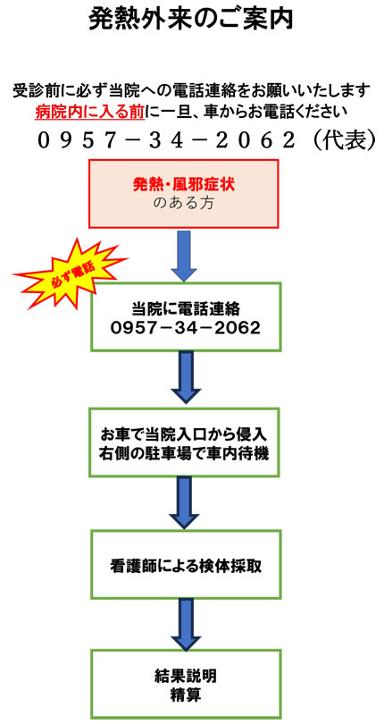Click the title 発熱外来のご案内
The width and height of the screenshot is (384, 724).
pyautogui.click(x=190, y=20)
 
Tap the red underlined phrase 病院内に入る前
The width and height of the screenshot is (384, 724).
pyautogui.click(x=89, y=112)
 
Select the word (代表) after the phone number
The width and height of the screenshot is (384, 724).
pyautogui.click(x=344, y=140)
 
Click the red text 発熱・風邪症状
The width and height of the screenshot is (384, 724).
pyautogui.click(x=184, y=186)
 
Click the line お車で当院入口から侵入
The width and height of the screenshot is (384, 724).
pyautogui.click(x=184, y=435)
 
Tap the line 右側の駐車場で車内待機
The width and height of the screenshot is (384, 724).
pyautogui.click(x=184, y=453)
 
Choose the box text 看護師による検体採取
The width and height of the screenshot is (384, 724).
pyautogui.click(x=186, y=565)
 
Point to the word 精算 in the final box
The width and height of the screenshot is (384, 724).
pyautogui.click(x=186, y=695)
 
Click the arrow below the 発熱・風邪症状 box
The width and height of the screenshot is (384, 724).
pyautogui.click(x=184, y=256)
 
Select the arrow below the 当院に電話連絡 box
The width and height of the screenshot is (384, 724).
pyautogui.click(x=186, y=377)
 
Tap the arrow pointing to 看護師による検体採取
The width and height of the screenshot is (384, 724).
pyautogui.click(x=185, y=503)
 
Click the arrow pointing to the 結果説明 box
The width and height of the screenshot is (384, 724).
pyautogui.click(x=186, y=624)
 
